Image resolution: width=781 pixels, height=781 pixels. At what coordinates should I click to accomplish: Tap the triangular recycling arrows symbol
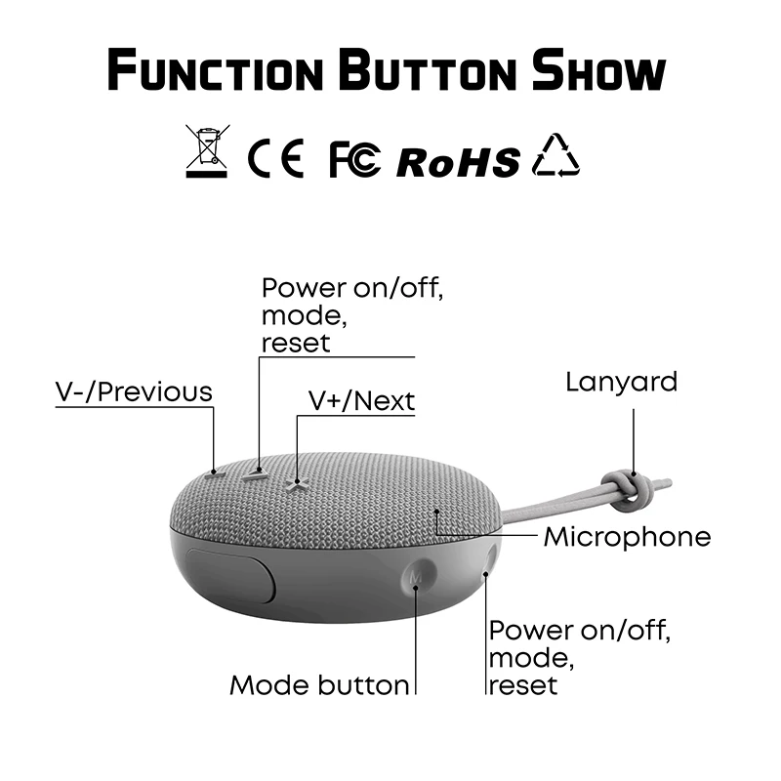pos(555,155)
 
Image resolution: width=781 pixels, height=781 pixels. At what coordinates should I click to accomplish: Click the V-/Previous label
pos(133,391)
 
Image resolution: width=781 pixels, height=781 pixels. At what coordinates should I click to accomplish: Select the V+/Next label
pos(361,400)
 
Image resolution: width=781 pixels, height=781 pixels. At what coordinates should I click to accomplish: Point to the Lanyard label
pos(621,382)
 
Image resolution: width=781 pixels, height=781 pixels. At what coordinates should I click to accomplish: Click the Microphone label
pos(627,536)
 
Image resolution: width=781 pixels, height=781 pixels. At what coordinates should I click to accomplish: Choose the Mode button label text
pos(319,685)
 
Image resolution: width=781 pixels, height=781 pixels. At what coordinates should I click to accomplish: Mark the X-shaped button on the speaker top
pos(296,480)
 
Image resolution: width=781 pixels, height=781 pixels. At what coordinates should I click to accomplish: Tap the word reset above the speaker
pos(296,343)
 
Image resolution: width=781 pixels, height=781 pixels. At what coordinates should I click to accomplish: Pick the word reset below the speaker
pos(522,685)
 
